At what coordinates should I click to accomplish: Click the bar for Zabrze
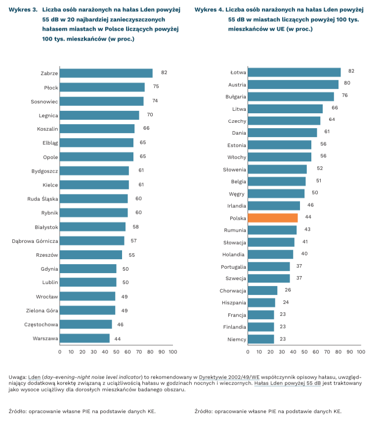click(106, 73)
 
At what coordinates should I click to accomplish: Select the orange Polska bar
click(272, 218)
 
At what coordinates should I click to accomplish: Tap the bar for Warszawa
click(85, 338)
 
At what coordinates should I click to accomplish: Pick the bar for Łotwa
click(294, 73)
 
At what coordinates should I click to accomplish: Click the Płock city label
click(51, 88)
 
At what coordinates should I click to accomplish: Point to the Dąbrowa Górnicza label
click(35, 241)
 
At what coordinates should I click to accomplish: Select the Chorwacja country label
click(233, 290)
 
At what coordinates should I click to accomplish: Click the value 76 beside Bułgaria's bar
click(344, 95)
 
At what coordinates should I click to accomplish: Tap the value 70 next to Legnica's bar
click(150, 115)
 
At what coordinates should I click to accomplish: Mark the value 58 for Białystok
click(135, 227)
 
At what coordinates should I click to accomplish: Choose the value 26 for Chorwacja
click(288, 290)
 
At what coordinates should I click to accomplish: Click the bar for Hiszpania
click(261, 302)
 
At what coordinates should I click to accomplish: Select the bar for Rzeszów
click(91, 255)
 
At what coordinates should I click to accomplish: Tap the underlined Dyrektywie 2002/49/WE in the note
click(222, 377)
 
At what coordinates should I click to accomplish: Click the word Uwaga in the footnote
click(17, 377)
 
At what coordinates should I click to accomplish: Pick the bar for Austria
click(293, 85)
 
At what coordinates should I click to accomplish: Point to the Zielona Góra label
click(42, 311)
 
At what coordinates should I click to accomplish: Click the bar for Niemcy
click(261, 339)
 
